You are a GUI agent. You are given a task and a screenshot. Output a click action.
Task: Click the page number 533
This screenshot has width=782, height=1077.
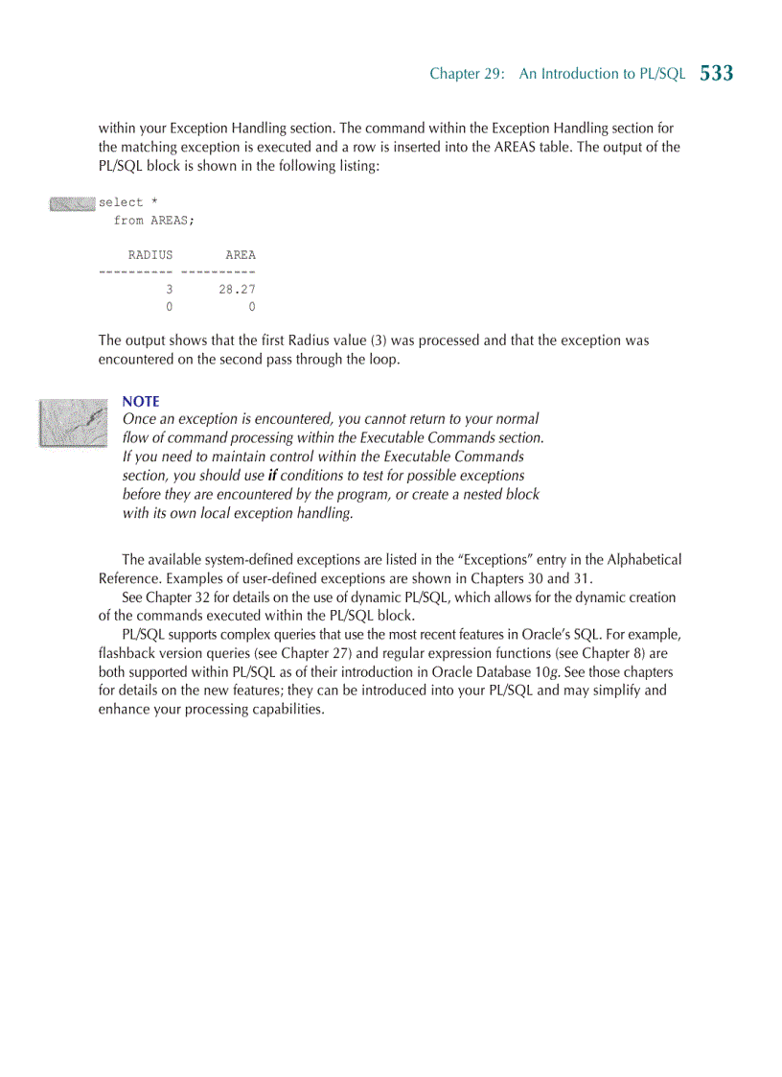[x=716, y=73]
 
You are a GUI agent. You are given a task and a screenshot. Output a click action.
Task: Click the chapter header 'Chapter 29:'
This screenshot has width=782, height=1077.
[x=467, y=74]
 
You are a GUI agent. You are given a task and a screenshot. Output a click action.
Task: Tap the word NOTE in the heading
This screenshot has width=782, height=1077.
[x=141, y=401]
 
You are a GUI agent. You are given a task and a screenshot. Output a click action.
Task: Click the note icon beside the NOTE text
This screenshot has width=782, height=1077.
[x=73, y=422]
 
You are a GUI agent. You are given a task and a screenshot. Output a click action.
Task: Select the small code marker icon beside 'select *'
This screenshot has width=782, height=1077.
[x=72, y=202]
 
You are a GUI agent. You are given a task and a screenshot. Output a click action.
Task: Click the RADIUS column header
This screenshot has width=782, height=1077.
[x=150, y=255]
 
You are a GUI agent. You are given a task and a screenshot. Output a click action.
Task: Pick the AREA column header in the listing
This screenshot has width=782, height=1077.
[x=241, y=255]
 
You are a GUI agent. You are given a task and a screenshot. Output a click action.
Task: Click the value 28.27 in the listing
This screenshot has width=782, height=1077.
[x=237, y=290]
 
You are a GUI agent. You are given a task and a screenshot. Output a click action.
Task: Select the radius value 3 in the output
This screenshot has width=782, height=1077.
[x=169, y=290]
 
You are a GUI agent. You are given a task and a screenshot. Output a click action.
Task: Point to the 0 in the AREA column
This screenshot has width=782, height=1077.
[x=251, y=308]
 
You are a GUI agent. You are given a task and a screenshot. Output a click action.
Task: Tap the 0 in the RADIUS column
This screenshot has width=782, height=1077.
[x=169, y=308]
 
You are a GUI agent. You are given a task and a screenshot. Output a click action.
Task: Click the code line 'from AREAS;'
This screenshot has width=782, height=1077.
[x=153, y=221]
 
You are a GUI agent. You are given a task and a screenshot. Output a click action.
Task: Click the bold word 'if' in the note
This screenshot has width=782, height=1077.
[x=272, y=476]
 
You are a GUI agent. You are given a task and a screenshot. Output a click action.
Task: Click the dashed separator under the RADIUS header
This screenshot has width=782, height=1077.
[x=135, y=272]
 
